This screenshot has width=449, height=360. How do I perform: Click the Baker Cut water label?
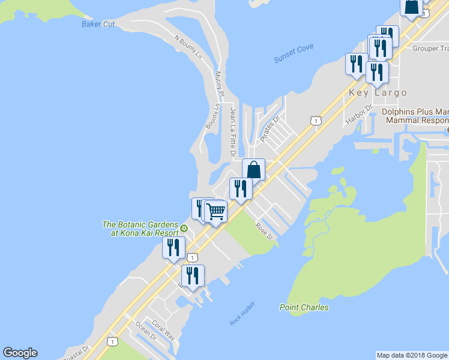98,24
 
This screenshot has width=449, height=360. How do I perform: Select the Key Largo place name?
378,93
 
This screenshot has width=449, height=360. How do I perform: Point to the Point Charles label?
304,307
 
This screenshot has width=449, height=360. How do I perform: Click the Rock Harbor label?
242,314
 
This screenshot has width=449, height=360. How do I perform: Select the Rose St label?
264,232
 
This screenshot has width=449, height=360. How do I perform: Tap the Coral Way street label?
163,331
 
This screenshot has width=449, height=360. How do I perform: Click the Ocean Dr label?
146,331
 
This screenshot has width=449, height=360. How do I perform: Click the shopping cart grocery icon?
216,211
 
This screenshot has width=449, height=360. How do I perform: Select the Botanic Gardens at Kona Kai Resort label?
140,229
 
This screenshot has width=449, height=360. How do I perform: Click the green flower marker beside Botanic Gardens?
184,228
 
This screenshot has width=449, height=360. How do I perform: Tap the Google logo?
20,353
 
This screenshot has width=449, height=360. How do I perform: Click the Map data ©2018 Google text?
411,355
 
